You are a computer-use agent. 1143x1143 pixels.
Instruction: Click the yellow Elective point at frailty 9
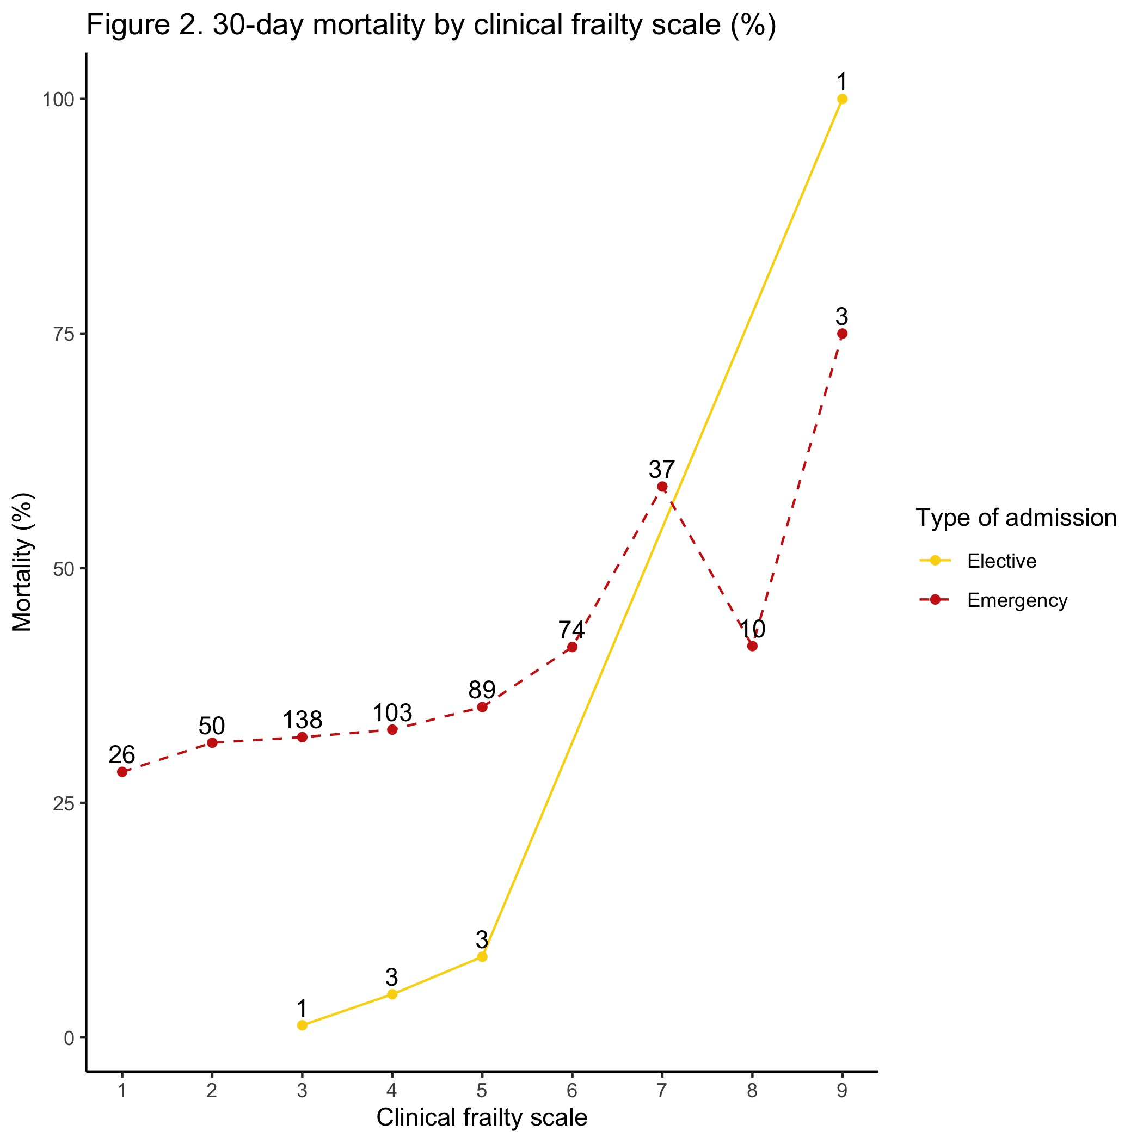point(842,99)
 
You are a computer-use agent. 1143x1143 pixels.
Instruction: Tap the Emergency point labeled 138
point(302,737)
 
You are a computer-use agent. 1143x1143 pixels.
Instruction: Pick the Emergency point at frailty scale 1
point(122,772)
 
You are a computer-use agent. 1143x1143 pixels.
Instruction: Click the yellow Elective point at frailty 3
point(302,1025)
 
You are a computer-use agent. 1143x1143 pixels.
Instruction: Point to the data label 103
point(392,714)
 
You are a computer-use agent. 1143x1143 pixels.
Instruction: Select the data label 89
point(482,690)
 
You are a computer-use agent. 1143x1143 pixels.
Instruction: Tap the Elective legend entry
point(1001,561)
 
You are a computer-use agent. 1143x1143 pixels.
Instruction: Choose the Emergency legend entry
point(1016,600)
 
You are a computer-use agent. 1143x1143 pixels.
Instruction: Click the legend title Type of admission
point(1016,518)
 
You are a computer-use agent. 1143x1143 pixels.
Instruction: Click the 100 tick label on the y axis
point(59,100)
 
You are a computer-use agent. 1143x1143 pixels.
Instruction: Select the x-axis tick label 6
point(572,1090)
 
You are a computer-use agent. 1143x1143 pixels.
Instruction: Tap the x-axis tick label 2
point(212,1090)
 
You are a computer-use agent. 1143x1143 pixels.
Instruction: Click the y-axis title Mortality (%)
point(22,562)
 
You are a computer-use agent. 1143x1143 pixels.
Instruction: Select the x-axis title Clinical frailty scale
point(482,1117)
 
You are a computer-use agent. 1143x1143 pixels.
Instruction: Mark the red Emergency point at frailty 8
point(752,646)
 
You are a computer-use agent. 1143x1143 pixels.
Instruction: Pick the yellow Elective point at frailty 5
point(482,957)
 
